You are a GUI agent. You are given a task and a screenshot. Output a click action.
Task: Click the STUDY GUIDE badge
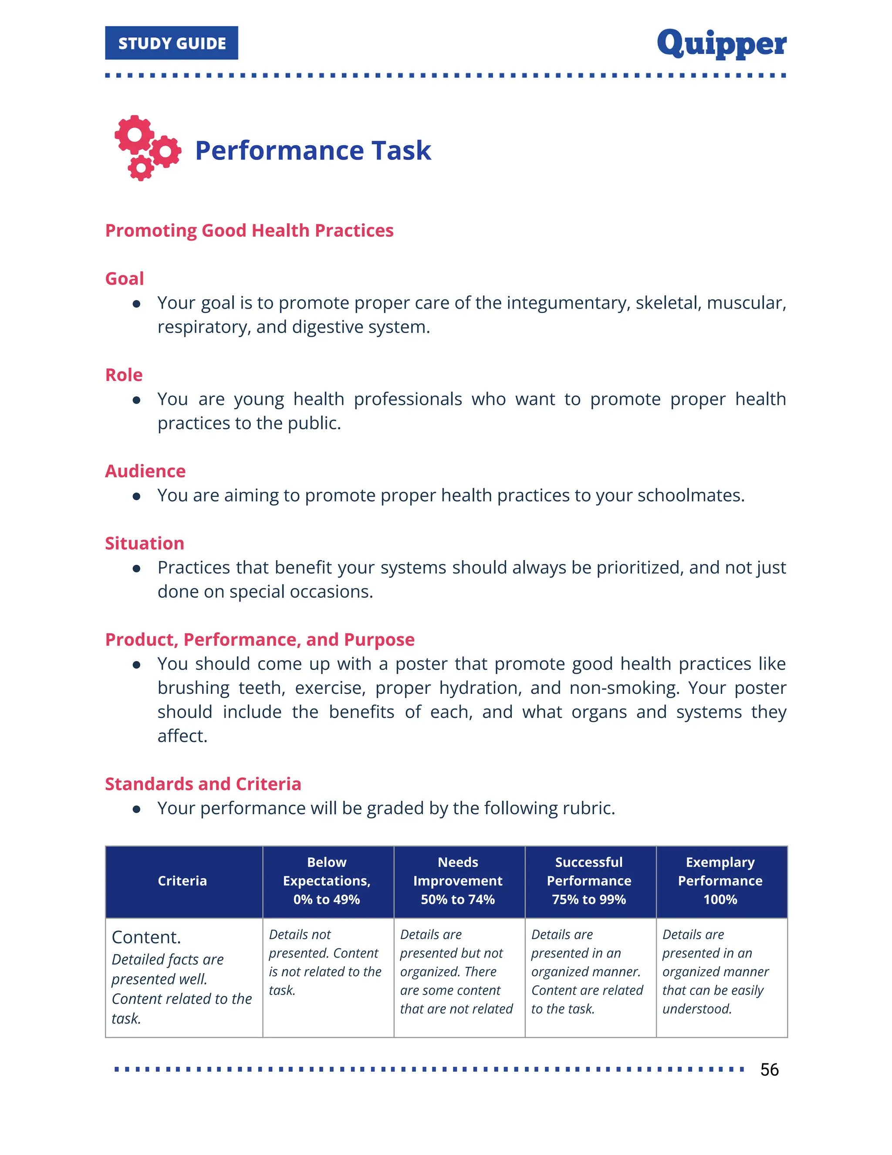point(171,43)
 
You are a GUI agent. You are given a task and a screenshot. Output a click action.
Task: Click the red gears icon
point(148,148)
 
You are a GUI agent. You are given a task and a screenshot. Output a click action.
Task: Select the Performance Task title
point(313,150)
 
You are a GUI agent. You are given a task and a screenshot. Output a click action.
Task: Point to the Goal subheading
point(124,279)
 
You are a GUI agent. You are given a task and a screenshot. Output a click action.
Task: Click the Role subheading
point(124,375)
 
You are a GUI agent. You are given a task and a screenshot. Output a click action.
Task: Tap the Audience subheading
point(145,471)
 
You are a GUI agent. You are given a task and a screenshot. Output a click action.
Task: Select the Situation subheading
point(144,544)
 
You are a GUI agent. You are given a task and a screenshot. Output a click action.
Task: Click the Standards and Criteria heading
point(203,784)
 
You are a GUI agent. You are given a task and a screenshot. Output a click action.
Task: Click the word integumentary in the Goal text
point(568,303)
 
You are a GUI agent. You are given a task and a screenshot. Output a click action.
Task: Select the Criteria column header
point(182,880)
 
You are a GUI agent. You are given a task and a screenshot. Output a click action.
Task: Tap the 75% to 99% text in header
point(589,900)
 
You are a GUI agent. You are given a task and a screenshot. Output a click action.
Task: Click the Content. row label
point(146,937)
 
